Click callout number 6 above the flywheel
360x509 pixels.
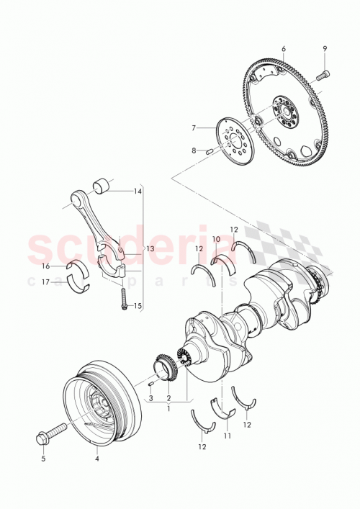pos(283,48)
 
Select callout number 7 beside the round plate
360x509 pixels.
pos(193,127)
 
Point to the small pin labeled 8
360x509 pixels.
pos(210,151)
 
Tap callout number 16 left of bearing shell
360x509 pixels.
pos(45,266)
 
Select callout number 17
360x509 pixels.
pos(45,281)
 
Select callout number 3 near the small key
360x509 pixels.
pos(152,397)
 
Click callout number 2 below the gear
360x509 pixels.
pos(168,397)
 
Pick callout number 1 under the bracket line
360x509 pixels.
pos(168,408)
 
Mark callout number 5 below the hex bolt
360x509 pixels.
pos(42,458)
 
